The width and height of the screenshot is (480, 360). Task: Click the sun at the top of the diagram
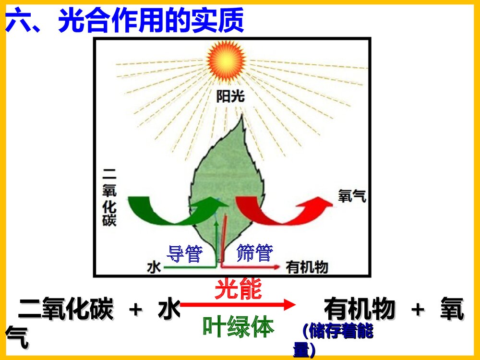[226, 61]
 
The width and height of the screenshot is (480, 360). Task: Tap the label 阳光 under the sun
[230, 97]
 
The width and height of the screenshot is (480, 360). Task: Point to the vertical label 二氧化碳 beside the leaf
[110, 197]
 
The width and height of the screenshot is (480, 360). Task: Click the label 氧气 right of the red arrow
[352, 195]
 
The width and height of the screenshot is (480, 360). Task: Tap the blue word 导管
[184, 253]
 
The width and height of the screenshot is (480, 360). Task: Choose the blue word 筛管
[255, 253]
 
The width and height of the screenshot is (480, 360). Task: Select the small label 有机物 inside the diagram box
[307, 267]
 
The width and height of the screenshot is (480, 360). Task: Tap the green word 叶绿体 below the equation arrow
[238, 326]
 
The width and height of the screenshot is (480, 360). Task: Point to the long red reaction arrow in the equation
[238, 304]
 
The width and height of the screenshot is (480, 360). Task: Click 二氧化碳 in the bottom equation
[65, 309]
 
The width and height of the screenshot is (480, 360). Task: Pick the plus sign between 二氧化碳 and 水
[136, 310]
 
